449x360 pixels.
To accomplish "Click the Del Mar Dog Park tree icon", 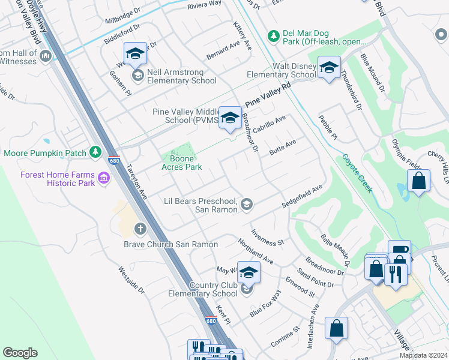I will tap(274, 37).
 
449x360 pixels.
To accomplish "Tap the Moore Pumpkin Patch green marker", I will tap(95, 153).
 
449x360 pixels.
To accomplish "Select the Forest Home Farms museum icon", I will tap(103, 178).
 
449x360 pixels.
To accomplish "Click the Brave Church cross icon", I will tap(140, 228).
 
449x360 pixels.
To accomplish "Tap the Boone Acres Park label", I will tap(181, 163).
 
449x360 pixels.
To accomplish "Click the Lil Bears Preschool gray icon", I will tap(246, 205).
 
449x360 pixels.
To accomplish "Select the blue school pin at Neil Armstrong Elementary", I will tap(135, 54).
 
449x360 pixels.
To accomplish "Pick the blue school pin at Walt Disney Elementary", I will tap(329, 68).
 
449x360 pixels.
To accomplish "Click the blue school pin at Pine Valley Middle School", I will tap(229, 118).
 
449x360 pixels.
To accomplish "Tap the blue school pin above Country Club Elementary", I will tap(249, 273).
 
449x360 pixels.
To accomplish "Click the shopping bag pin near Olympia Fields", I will tap(418, 181).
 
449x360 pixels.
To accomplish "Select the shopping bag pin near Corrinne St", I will tap(336, 329).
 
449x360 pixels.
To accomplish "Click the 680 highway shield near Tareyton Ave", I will tap(113, 160).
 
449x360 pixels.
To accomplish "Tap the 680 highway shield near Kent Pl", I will tap(210, 320).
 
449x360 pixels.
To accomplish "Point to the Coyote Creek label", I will tap(357, 174).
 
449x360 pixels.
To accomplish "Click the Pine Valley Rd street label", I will tap(267, 95).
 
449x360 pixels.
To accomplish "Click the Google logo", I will tap(20, 353).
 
